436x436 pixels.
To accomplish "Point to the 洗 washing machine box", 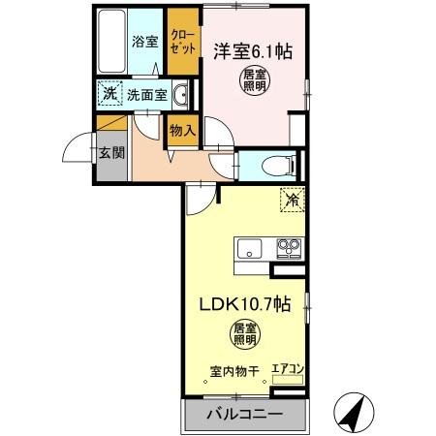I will [x=109, y=95].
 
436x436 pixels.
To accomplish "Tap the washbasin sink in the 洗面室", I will [x=181, y=95].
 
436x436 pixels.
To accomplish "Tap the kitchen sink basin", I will [x=248, y=249].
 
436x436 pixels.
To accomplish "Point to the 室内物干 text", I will [x=234, y=369].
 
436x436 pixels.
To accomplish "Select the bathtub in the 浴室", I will [x=113, y=44].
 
